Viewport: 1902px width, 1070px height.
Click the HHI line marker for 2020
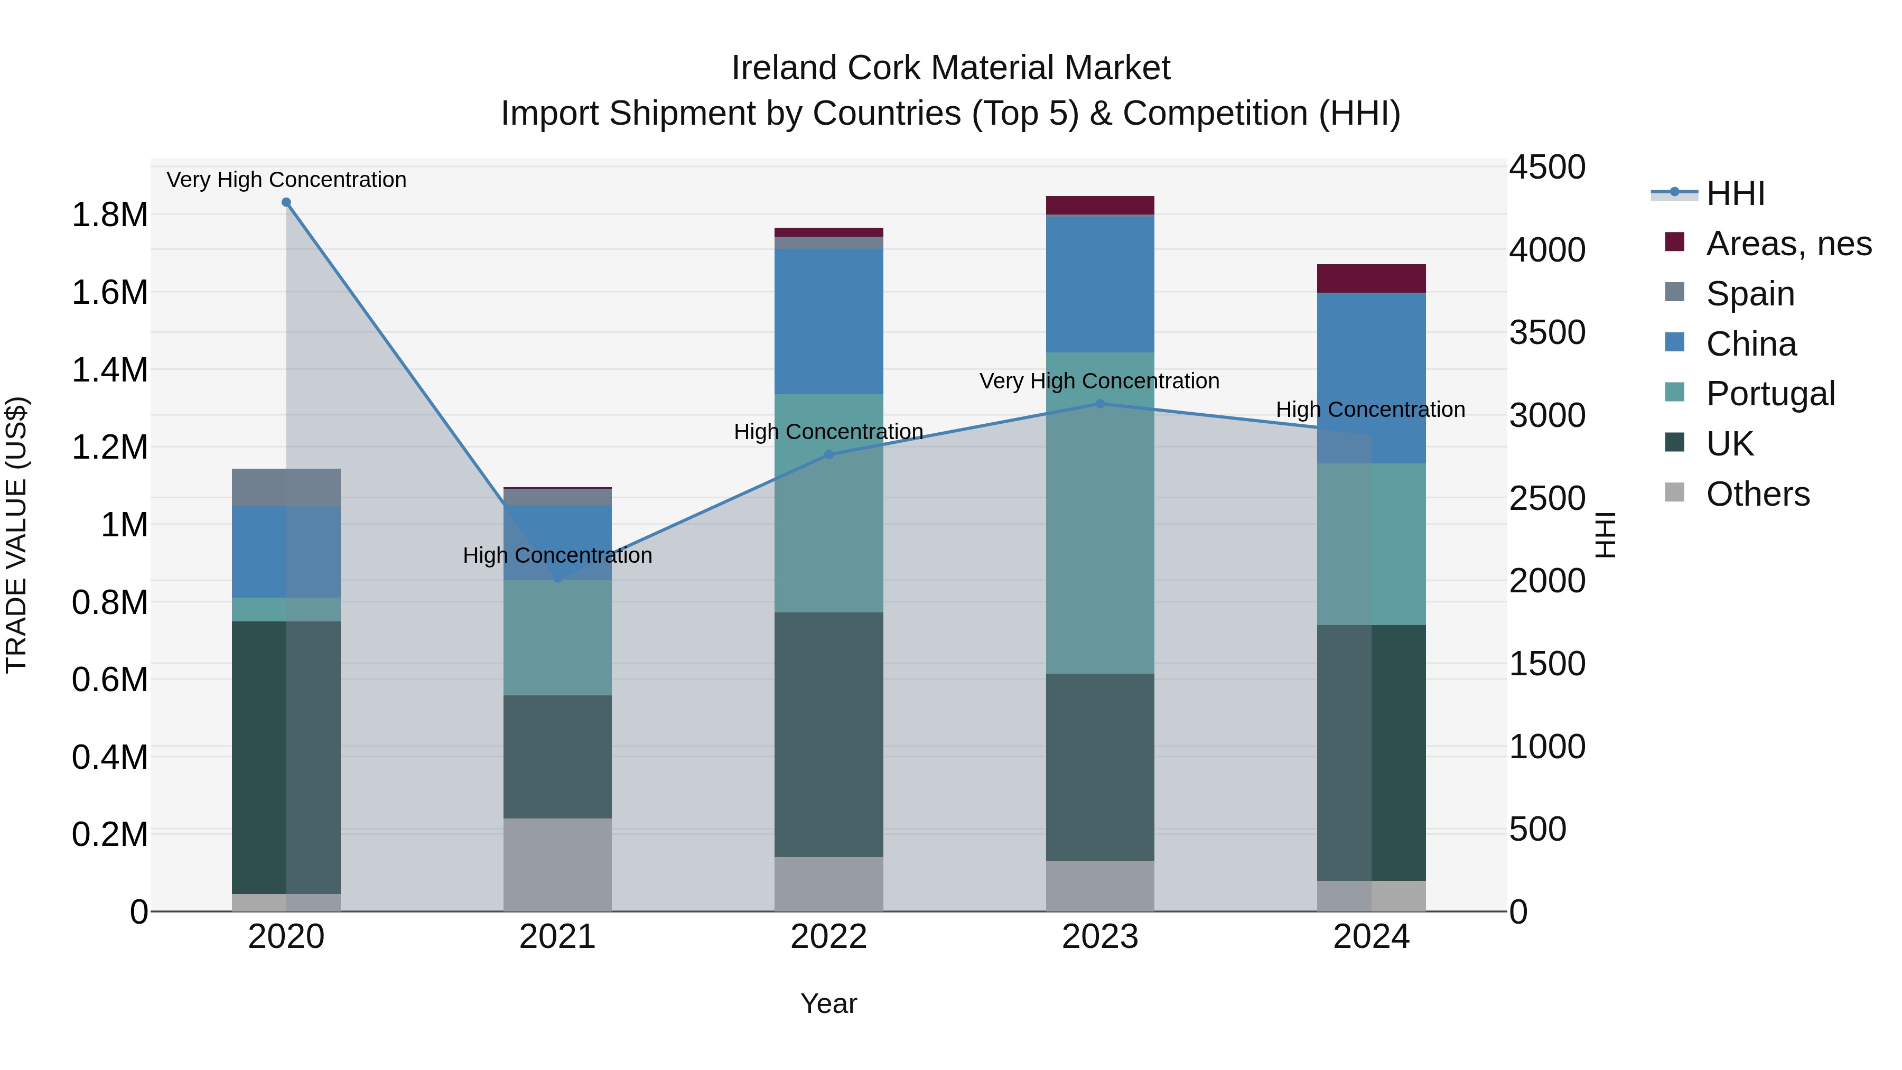click(286, 202)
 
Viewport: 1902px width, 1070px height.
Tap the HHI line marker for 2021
click(557, 579)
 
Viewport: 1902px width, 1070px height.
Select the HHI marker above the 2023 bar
click(1100, 404)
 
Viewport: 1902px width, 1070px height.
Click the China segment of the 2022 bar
click(828, 321)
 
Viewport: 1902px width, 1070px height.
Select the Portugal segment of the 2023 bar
click(1100, 513)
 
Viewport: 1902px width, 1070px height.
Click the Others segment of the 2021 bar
click(557, 864)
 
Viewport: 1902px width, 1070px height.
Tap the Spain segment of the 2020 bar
click(286, 487)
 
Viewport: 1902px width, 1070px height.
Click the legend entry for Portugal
click(1770, 394)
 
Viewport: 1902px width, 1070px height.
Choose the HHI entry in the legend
click(1735, 193)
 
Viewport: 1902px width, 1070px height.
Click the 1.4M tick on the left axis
click(109, 370)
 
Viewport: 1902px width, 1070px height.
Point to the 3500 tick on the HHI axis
click(1547, 332)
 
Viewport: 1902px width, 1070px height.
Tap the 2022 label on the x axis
click(828, 937)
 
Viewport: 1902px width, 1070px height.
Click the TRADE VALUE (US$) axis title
click(16, 535)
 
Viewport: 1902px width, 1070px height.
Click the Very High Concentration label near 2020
click(286, 180)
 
